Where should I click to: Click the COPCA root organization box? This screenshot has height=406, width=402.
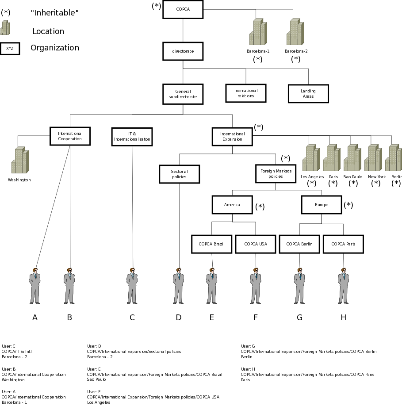(183, 9)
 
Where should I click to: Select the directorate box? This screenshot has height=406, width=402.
(183, 51)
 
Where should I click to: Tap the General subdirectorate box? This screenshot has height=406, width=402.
(183, 94)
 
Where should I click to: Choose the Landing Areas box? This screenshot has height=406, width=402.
(308, 93)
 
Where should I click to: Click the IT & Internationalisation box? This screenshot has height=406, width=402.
(132, 137)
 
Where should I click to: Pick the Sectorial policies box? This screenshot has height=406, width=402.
(180, 174)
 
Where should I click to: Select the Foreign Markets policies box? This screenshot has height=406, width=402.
(276, 174)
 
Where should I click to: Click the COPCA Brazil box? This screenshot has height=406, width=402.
(211, 244)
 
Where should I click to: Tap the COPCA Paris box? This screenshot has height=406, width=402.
(343, 244)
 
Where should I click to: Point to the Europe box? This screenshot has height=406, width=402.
(322, 205)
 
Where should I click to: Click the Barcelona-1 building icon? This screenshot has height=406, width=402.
(258, 31)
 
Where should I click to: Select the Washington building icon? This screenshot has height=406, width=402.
(20, 160)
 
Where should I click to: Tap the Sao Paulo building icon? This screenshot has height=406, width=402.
(352, 158)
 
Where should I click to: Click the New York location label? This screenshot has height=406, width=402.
(377, 176)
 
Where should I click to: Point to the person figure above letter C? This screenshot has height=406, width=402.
(132, 286)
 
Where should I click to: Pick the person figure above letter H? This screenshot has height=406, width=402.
(343, 286)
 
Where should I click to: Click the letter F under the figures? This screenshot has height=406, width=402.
(256, 318)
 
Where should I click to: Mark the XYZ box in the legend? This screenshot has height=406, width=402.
(10, 49)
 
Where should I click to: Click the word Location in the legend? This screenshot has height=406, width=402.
(48, 31)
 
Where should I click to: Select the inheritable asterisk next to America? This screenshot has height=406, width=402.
(260, 207)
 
